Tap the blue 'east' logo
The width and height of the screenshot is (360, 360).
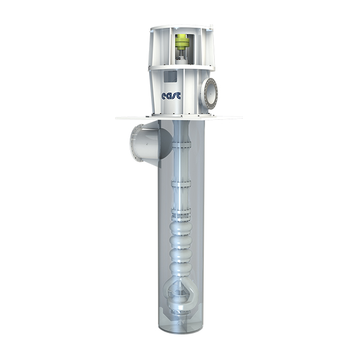[x=171, y=96]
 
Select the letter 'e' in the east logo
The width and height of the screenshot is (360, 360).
[x=164, y=97]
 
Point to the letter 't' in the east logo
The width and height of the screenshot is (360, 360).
[x=179, y=95]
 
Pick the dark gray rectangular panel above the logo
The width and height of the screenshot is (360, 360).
[x=171, y=76]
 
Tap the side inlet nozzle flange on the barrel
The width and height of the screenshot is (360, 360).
[x=136, y=143]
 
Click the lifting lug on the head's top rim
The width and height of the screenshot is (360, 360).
[x=211, y=27]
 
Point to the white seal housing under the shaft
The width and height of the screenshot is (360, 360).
[x=182, y=61]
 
